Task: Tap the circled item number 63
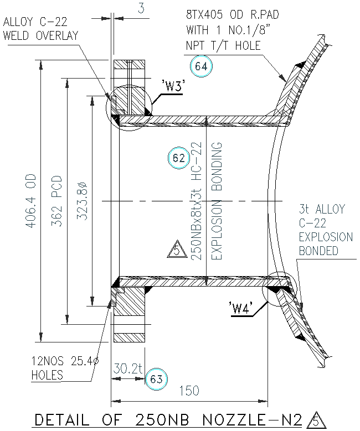pos(156,379)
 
